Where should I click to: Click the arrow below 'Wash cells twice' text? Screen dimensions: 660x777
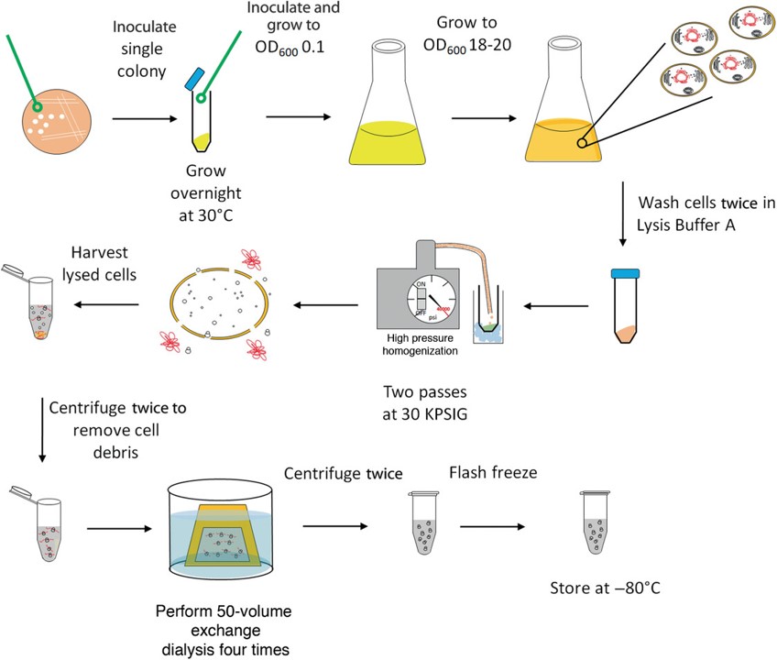[x=623, y=225]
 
